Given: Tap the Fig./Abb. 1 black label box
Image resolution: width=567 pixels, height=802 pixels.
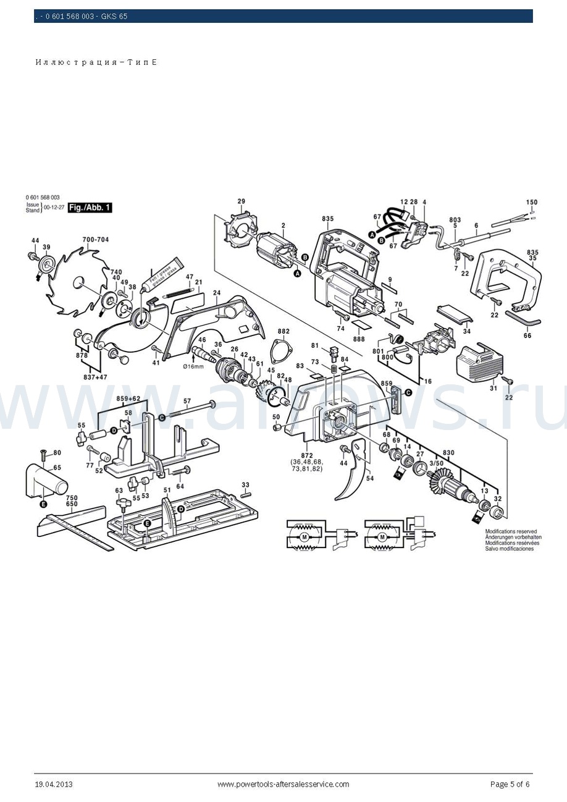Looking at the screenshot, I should (90, 208).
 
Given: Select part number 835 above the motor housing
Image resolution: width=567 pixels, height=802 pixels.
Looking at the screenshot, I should (327, 219).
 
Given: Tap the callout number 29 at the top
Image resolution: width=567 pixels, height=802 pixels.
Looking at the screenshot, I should (241, 201).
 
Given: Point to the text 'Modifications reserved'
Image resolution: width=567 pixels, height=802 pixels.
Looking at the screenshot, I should (510, 531).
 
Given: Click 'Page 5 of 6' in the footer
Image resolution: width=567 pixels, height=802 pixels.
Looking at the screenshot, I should (510, 784).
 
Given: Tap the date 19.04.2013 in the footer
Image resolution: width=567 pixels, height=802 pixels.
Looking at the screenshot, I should (54, 784).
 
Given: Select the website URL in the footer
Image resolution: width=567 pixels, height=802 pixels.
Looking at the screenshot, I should (283, 784).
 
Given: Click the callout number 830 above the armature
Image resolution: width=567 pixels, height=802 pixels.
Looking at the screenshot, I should (448, 453).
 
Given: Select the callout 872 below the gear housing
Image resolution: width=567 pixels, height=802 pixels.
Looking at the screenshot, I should (308, 455).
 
